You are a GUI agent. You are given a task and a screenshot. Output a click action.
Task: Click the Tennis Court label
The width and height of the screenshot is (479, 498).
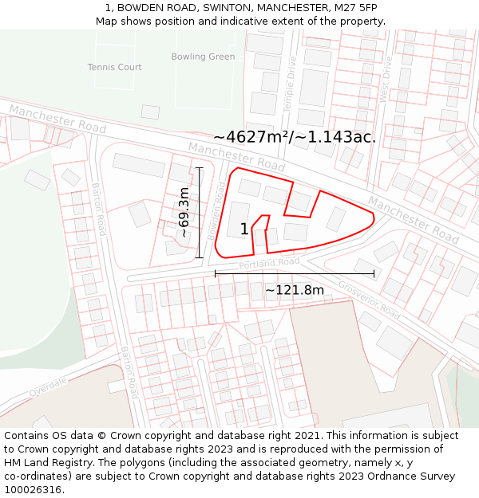point(115,67)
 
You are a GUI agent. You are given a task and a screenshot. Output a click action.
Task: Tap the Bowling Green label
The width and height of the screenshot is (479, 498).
point(203,57)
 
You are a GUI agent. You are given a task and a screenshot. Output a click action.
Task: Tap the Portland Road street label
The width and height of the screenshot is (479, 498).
point(268,263)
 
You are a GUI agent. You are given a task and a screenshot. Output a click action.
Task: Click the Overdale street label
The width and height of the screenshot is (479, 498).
point(49,387)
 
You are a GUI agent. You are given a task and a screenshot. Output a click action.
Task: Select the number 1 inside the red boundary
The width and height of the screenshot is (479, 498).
point(244,229)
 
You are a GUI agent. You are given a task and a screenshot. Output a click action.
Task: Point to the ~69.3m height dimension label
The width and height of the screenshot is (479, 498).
point(184,212)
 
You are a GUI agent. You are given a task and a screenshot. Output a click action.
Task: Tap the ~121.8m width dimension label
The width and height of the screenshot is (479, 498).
point(295,290)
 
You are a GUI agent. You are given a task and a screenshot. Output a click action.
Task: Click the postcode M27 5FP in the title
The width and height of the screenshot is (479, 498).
point(356,8)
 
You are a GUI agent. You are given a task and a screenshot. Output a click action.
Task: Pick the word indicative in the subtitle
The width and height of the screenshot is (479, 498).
point(266,21)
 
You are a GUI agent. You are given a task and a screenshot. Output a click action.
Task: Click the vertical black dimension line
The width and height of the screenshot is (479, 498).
point(199,212)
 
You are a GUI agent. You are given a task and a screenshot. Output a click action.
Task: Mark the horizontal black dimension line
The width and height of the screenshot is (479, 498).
point(295,274)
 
